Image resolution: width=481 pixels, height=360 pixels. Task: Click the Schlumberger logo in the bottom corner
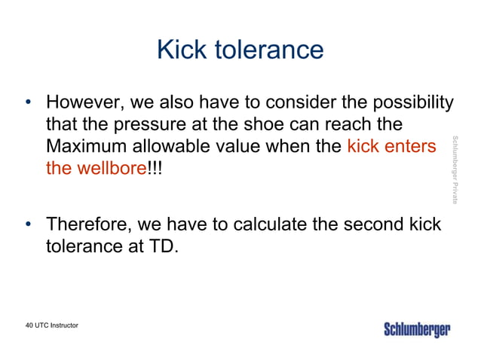[x=418, y=330]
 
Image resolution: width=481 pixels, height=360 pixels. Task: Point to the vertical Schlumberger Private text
[x=455, y=169]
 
